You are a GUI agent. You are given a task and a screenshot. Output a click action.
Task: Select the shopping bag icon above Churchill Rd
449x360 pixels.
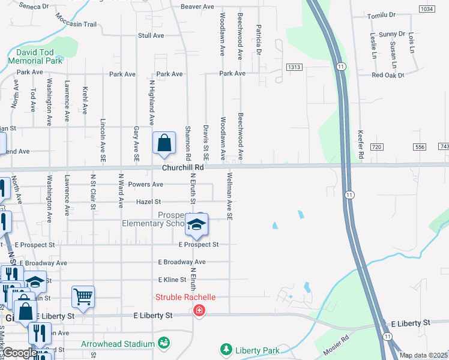(x=164, y=144)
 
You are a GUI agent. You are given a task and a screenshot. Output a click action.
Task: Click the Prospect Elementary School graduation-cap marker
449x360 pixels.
(x=196, y=225)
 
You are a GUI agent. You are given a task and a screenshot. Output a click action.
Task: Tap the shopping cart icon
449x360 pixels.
(x=83, y=296)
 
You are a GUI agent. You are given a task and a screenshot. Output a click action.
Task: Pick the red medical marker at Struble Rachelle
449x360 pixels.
(x=198, y=311)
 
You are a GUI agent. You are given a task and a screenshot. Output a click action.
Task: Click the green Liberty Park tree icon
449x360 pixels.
(x=226, y=349)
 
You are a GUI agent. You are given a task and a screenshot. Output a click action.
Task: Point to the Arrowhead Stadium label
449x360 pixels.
(x=118, y=344)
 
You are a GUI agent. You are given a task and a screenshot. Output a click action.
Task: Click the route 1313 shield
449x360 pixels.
(x=294, y=67)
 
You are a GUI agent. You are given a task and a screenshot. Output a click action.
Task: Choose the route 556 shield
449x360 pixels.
(x=419, y=147)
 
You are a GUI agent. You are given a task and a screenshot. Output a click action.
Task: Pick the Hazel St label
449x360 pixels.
(x=148, y=202)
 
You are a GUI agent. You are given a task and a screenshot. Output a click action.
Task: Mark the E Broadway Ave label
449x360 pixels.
(x=182, y=262)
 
